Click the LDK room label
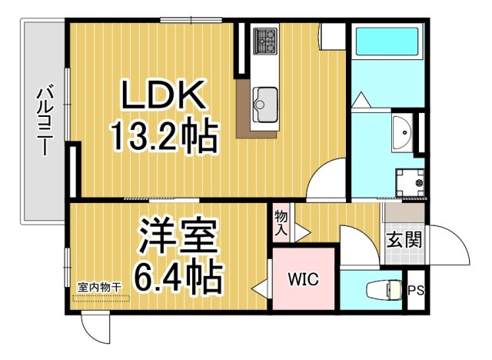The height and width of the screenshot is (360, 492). (x=162, y=98)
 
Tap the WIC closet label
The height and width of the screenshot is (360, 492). (x=303, y=279)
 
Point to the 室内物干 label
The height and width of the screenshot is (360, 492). (x=100, y=288)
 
